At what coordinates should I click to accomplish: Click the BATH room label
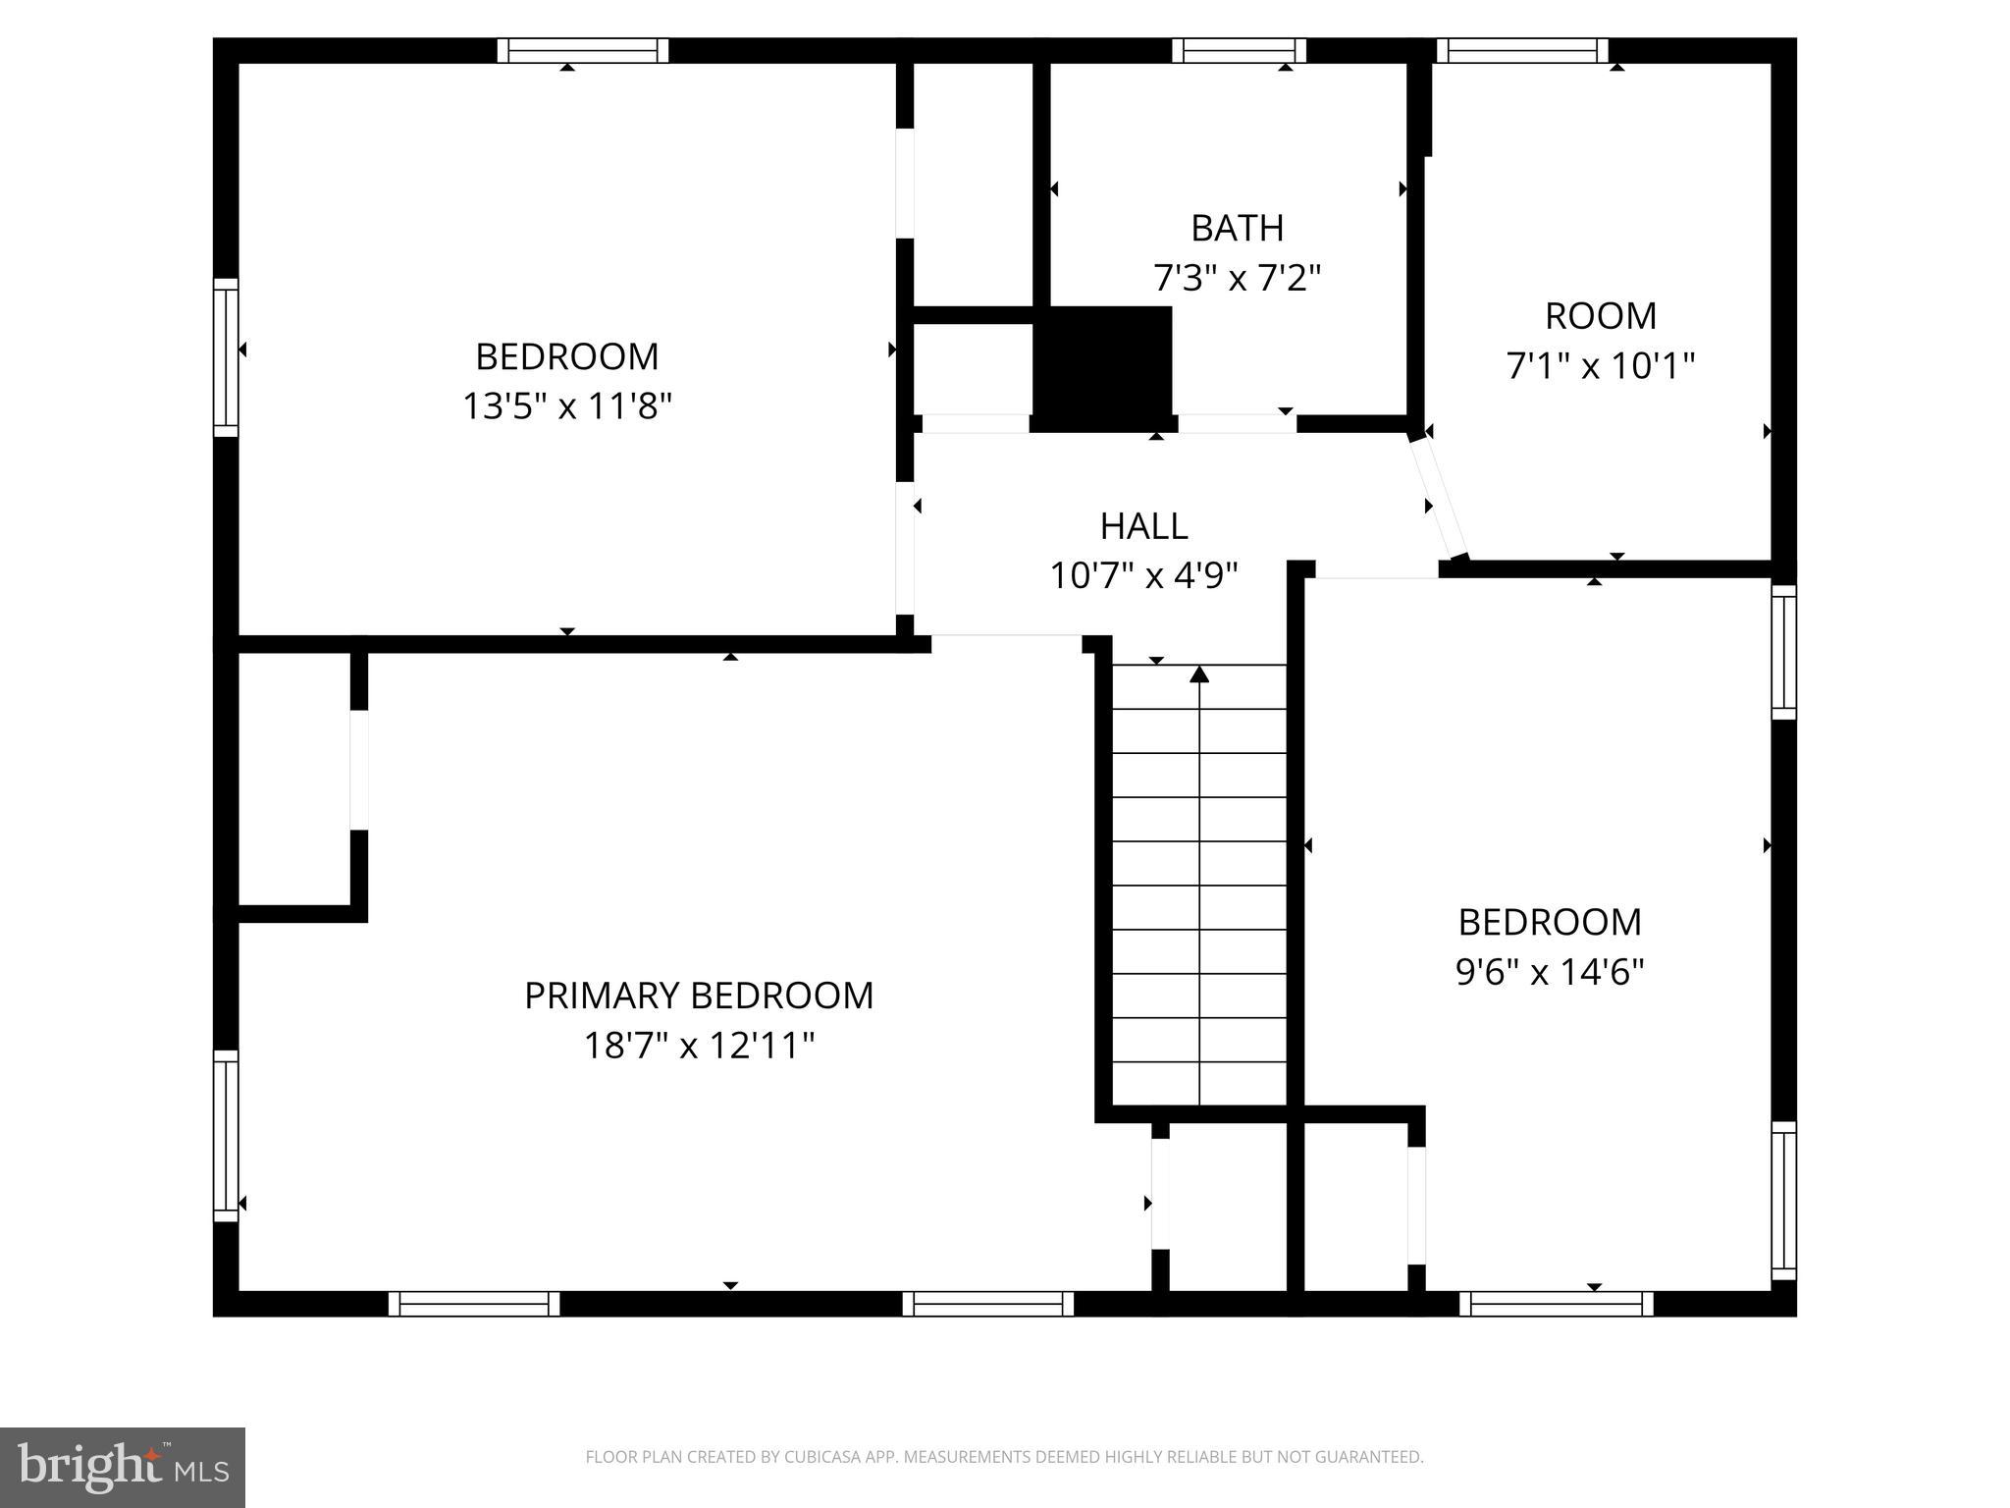click(x=1237, y=228)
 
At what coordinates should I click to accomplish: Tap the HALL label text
click(x=1143, y=526)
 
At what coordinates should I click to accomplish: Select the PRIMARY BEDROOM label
click(x=699, y=996)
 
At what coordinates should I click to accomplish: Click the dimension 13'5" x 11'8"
click(x=567, y=405)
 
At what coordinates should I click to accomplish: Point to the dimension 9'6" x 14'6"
click(x=1550, y=972)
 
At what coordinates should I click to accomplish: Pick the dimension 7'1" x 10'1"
click(x=1601, y=366)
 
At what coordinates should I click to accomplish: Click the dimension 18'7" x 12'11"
click(x=699, y=1046)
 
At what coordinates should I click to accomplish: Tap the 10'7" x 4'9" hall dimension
click(x=1143, y=575)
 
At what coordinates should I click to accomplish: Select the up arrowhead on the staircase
click(x=1199, y=673)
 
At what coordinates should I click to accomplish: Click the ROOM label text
click(x=1601, y=316)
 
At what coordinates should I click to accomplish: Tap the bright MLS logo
click(x=123, y=1468)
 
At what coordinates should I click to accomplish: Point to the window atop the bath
click(x=1239, y=50)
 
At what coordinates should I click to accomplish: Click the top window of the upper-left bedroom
click(x=582, y=50)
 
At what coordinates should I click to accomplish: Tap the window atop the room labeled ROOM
click(x=1521, y=50)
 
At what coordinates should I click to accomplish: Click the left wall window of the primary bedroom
click(x=226, y=1136)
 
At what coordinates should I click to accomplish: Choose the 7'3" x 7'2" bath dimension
click(x=1237, y=278)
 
